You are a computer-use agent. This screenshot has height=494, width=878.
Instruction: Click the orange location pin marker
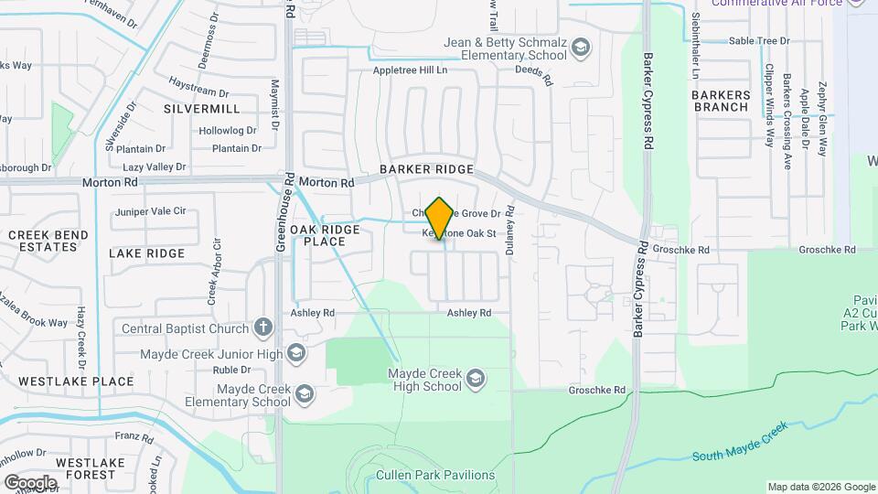coord(440,219)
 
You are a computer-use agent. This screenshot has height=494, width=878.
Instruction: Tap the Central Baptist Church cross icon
coord(263,328)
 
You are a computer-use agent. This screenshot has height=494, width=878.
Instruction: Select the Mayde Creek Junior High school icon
coord(295,354)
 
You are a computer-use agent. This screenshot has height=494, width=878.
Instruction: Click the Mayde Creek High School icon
coord(476,379)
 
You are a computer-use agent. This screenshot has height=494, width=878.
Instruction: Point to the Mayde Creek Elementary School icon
coord(304,395)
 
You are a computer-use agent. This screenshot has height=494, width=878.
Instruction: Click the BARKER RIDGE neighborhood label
coord(427,170)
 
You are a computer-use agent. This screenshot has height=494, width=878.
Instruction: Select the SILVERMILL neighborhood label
coord(202,108)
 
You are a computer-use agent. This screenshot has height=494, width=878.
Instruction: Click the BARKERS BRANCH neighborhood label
coord(721,101)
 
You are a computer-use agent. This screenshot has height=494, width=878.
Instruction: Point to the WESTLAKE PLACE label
coord(76,381)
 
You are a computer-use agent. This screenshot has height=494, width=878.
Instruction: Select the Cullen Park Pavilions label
coord(435,476)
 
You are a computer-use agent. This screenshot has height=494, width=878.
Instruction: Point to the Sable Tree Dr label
coord(759,41)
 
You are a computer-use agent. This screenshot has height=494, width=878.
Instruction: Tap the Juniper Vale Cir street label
coord(150,212)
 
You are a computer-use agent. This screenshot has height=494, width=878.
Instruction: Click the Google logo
coord(30,482)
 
